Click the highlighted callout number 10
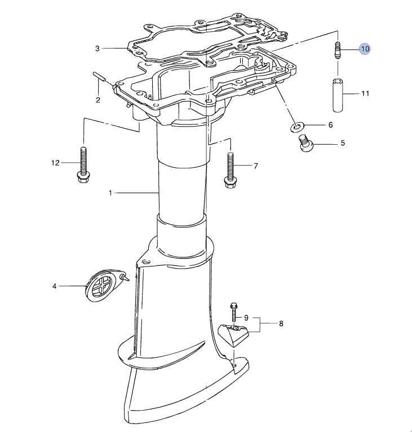click(365, 49)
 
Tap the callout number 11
click(365, 93)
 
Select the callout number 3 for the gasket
click(98, 49)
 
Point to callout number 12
click(55, 163)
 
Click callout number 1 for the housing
click(110, 193)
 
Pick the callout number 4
click(54, 286)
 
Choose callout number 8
click(281, 323)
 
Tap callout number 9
click(246, 318)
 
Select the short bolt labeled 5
click(306, 143)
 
